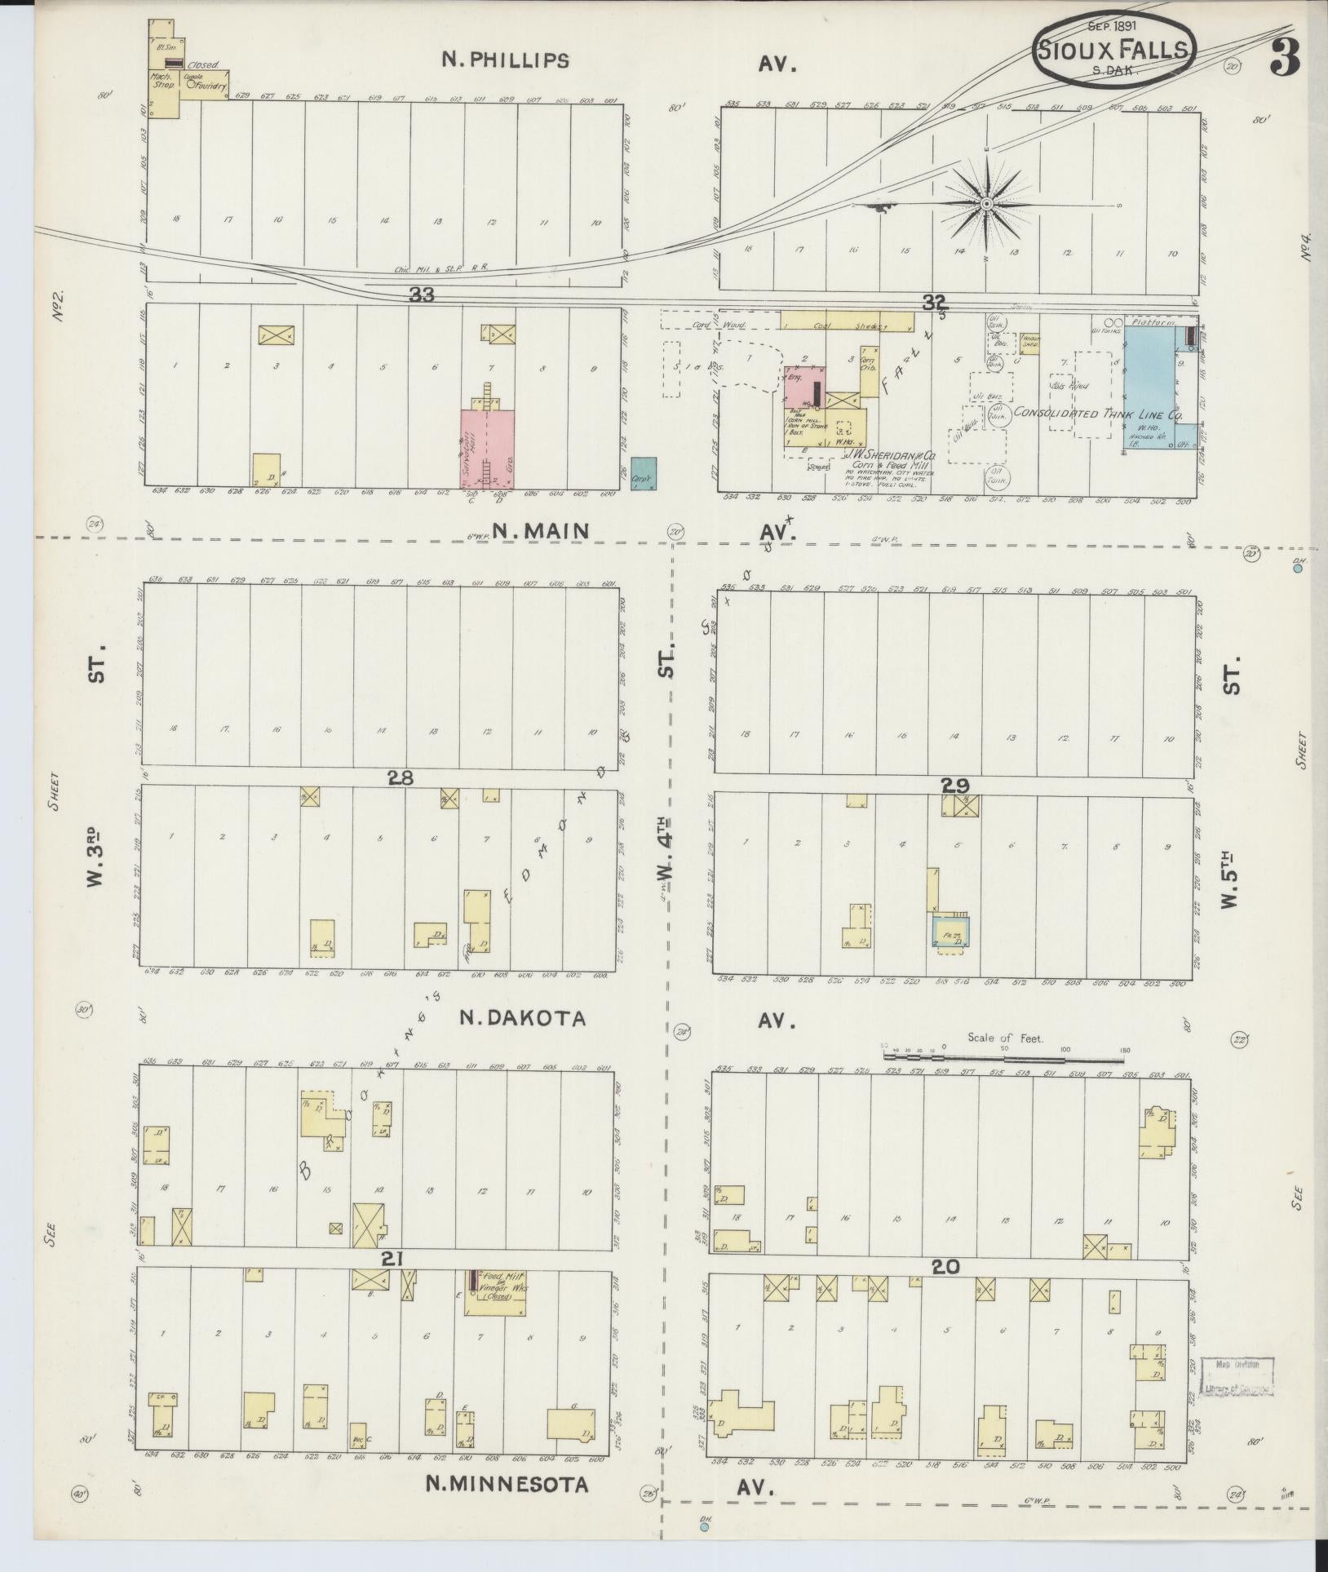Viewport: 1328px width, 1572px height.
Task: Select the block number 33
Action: (422, 296)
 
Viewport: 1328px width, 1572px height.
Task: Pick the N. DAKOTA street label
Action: (522, 1019)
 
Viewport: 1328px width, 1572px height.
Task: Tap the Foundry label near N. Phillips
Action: (210, 82)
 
